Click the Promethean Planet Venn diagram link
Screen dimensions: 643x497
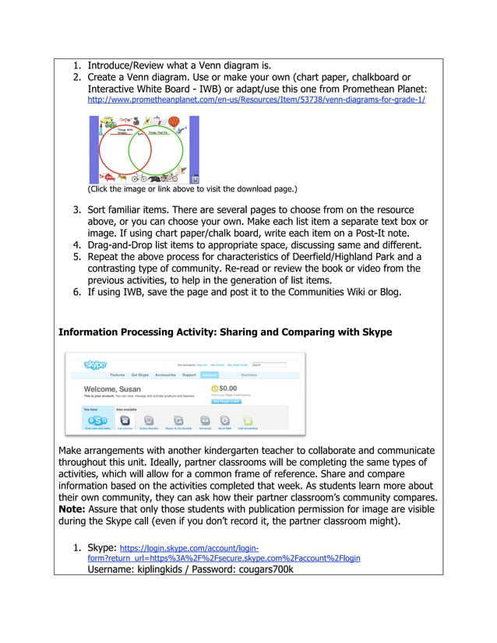pos(256,101)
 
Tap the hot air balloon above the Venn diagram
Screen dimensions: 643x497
pos(174,121)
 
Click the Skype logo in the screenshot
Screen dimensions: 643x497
pos(96,364)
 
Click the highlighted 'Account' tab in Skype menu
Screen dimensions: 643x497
pos(210,374)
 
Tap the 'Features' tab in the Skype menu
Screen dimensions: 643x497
pos(118,374)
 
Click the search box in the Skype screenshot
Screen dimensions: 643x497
pos(269,364)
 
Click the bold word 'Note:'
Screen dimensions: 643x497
pos(76,522)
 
